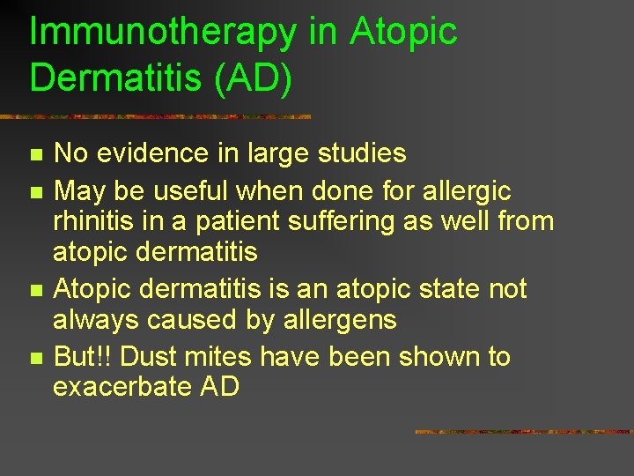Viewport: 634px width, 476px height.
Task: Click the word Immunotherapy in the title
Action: (163, 33)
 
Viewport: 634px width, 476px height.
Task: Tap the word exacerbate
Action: (122, 387)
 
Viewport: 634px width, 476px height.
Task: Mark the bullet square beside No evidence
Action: (35, 155)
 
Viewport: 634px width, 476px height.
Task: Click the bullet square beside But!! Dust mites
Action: (35, 358)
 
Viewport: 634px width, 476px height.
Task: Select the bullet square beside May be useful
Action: (35, 190)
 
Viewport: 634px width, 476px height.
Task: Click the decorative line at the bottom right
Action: (524, 432)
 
